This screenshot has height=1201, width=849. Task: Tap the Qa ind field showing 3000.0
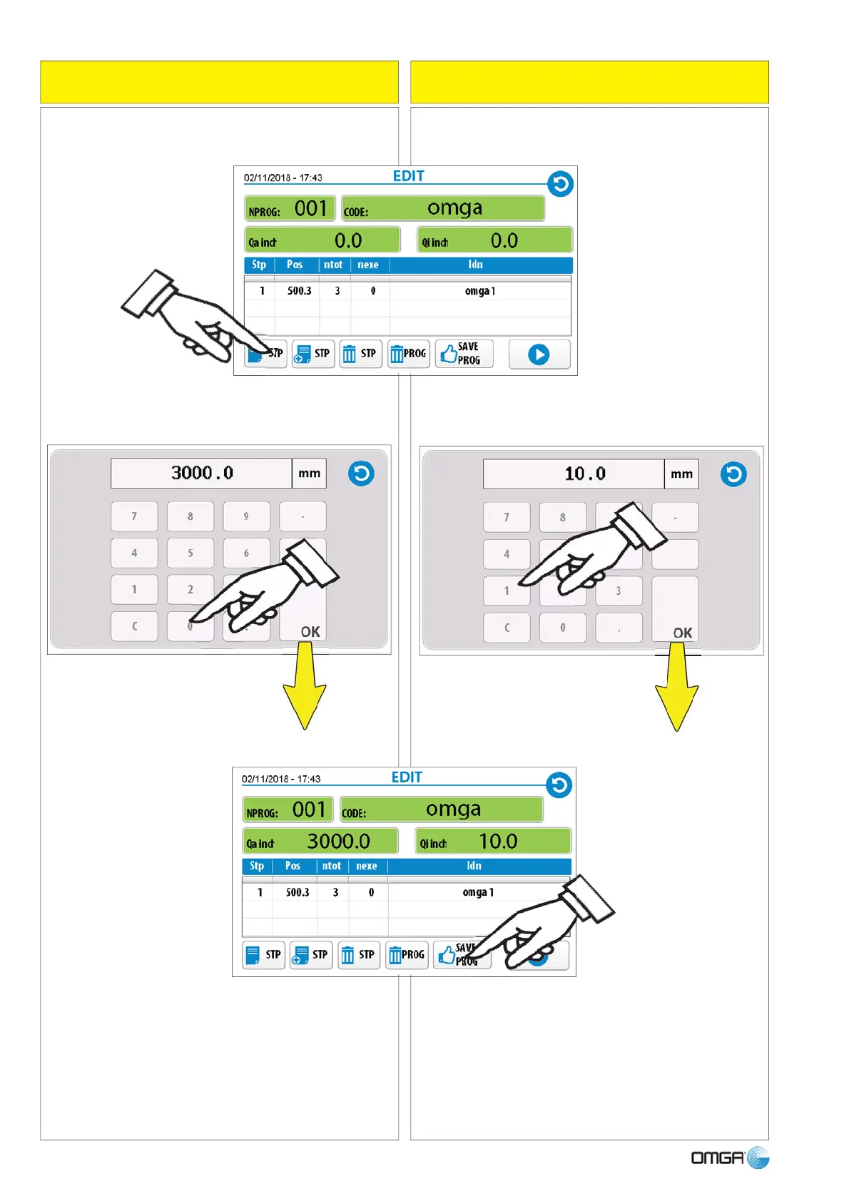[320, 842]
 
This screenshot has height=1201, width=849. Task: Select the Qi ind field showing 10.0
[493, 842]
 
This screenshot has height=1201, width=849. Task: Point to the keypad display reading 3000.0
[201, 473]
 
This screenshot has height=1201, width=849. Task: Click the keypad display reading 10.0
[574, 474]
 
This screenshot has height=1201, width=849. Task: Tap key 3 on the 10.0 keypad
[619, 591]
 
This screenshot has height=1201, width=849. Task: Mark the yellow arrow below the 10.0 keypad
[676, 688]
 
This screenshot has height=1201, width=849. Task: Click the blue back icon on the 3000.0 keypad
[361, 474]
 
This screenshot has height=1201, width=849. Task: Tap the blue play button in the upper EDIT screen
[539, 354]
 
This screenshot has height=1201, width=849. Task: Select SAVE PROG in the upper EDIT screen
[464, 354]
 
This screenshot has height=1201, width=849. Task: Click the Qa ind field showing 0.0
[322, 240]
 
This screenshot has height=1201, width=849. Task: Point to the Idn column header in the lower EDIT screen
[474, 866]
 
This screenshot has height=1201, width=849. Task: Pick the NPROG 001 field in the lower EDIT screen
[288, 810]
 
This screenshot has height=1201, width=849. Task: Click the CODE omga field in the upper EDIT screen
[443, 208]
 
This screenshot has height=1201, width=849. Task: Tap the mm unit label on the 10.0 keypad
[681, 474]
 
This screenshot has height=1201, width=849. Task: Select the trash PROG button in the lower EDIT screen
[407, 955]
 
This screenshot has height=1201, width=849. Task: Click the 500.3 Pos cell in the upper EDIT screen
[300, 291]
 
